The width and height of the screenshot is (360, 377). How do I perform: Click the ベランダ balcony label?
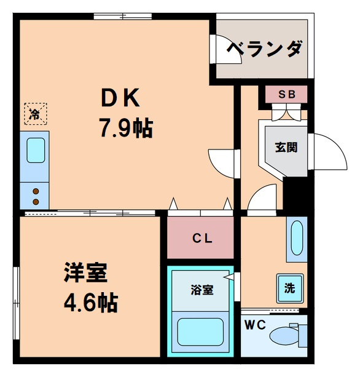(264, 49)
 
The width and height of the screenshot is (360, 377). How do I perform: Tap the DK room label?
(120, 98)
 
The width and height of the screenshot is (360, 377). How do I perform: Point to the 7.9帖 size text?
(127, 129)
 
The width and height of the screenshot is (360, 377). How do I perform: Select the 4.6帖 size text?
(91, 303)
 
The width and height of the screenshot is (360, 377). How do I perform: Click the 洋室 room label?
(85, 273)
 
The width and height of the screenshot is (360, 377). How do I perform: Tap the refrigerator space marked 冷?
(36, 114)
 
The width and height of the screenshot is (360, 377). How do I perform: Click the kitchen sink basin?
(36, 150)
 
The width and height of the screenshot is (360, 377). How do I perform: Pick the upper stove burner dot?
(36, 191)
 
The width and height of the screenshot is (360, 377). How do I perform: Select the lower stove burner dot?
(36, 202)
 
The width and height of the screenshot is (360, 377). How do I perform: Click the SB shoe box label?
(286, 94)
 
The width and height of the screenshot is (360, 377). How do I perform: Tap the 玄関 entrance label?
(286, 148)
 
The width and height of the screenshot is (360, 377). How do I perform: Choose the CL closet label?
(202, 238)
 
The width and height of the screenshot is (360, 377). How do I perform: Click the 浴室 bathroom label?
(202, 290)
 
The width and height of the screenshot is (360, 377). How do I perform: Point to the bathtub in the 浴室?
(200, 332)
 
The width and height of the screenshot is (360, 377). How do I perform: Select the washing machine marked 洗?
(289, 288)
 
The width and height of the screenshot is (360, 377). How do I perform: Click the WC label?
(255, 325)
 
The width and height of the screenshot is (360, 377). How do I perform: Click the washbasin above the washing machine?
(297, 237)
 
